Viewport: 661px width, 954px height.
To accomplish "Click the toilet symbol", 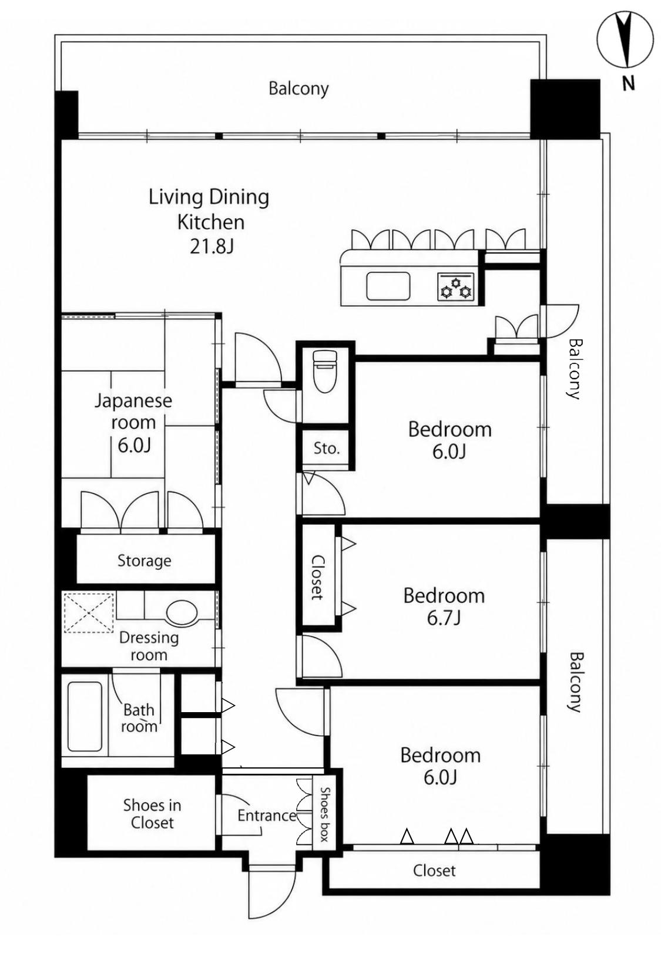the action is (x=325, y=370).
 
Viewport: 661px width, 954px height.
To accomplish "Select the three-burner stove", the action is (x=455, y=286).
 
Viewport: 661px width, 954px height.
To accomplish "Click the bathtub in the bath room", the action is (x=85, y=717).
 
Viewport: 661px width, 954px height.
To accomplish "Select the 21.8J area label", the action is (x=212, y=247).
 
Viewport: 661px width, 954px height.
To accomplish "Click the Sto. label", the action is (x=327, y=448).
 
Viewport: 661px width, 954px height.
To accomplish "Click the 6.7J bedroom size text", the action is (x=444, y=618).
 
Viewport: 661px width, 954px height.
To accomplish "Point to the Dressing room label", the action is (x=149, y=646).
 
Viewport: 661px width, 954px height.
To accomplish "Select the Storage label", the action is (x=144, y=561).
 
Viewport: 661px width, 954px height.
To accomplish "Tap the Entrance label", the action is (x=267, y=815).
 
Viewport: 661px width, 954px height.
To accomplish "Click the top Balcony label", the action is (x=298, y=89).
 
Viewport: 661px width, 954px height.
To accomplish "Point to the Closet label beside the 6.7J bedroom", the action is (x=317, y=577).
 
